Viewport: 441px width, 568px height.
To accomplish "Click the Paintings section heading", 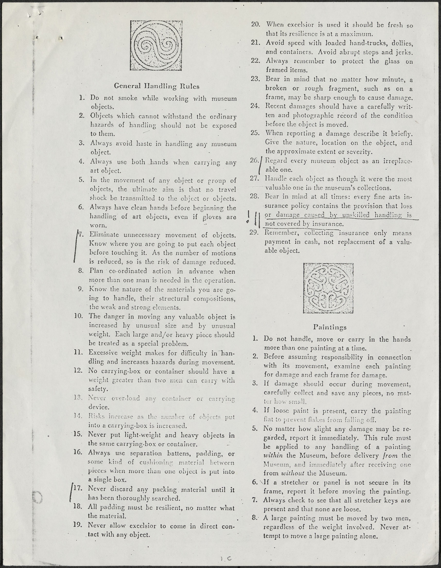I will (330, 327).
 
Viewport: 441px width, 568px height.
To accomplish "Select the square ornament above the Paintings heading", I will (328, 288).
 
